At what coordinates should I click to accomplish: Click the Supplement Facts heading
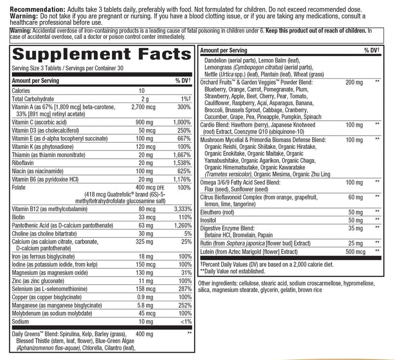coord(101,54)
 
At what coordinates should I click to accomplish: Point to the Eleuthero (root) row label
coord(219,211)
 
